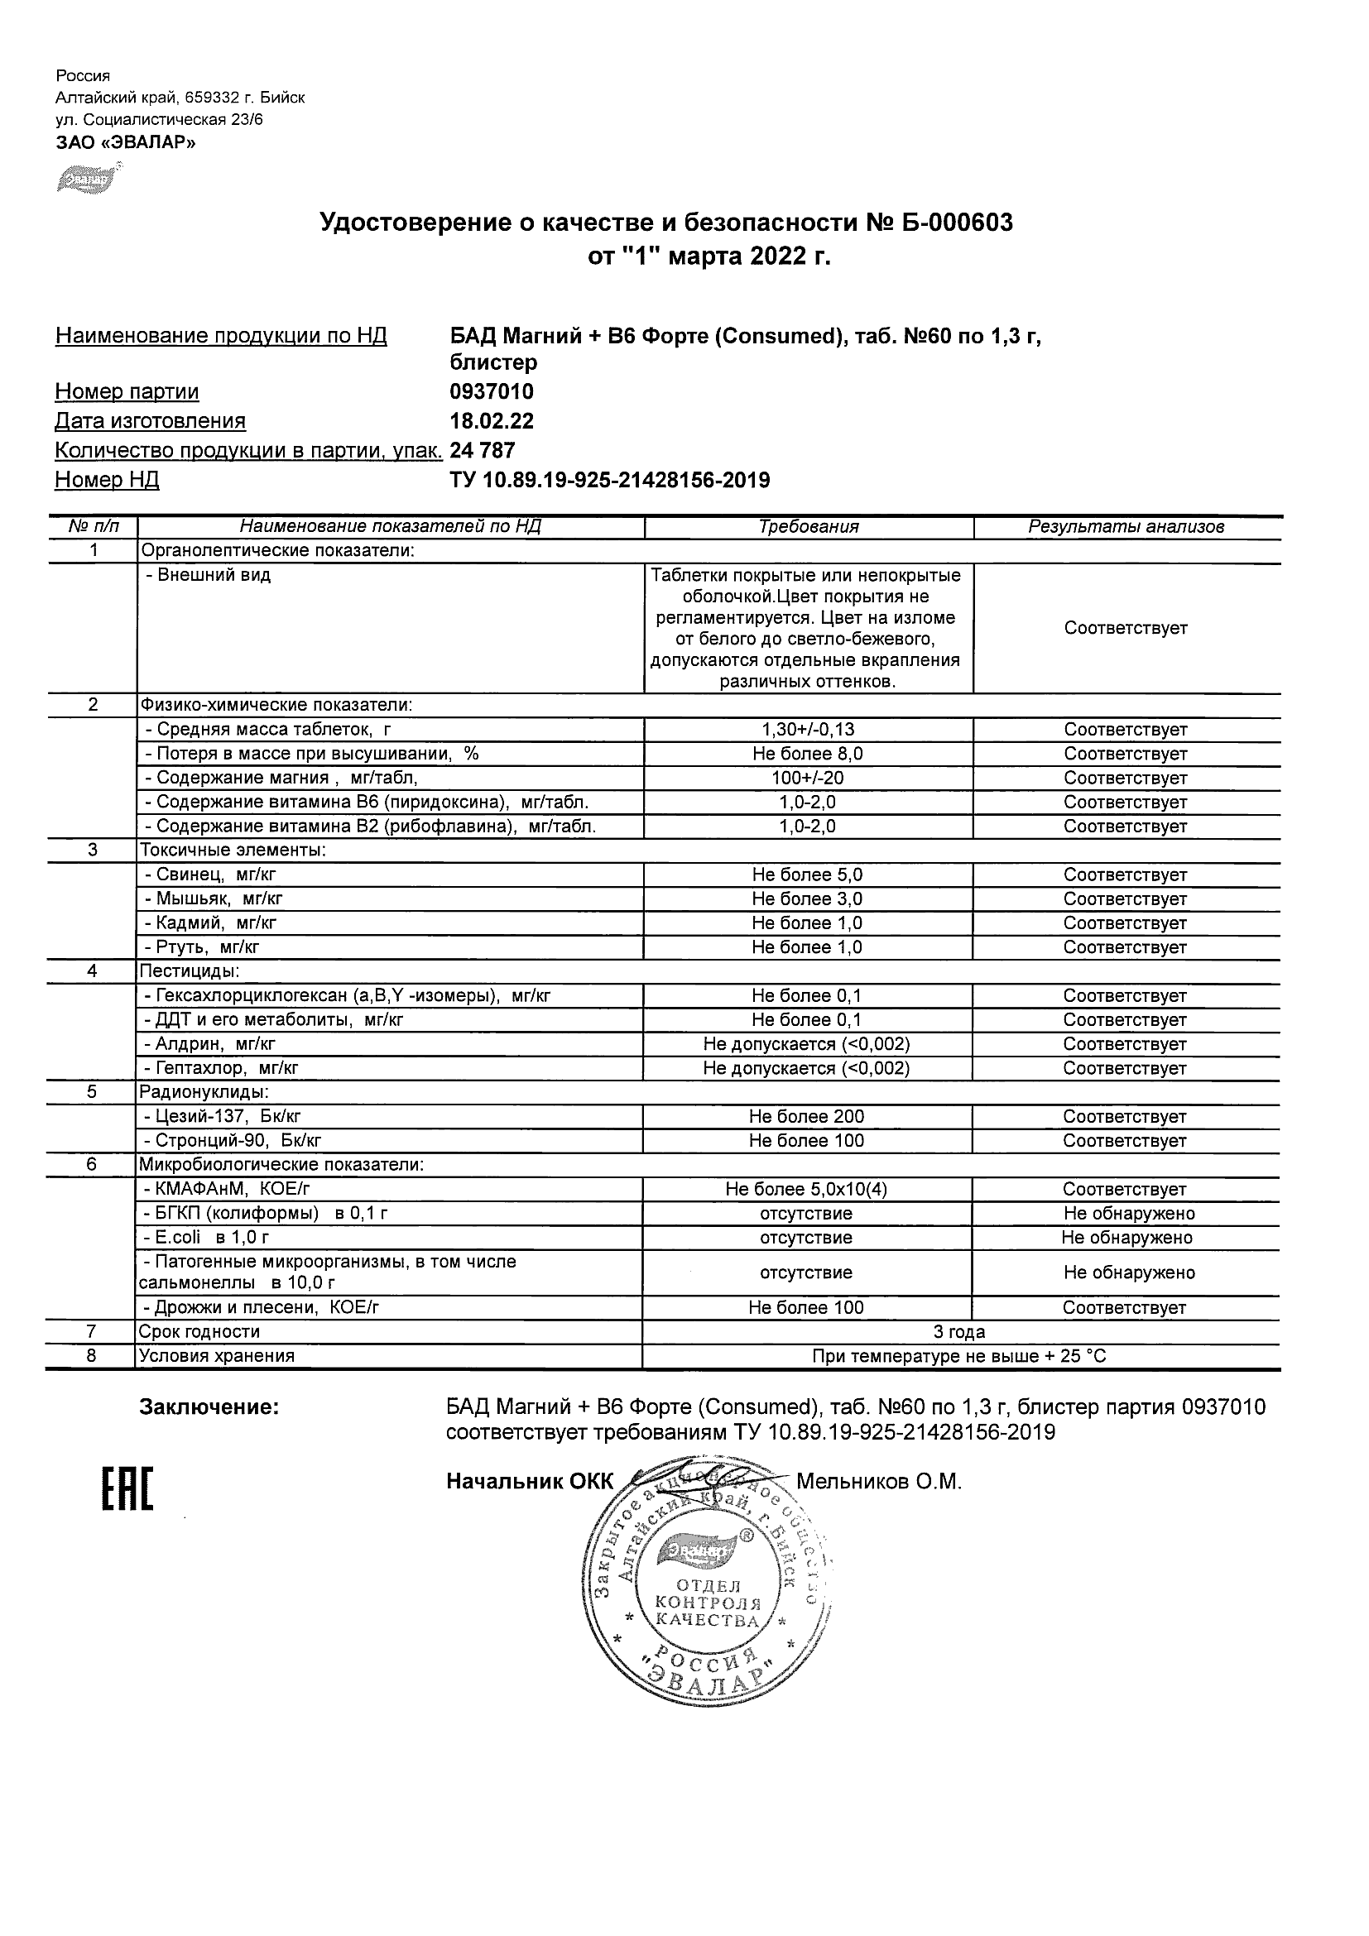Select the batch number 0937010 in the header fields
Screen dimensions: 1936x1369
[492, 391]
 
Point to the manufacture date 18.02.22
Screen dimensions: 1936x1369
[492, 421]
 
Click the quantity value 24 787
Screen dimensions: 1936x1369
[483, 450]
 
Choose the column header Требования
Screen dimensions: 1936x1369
[808, 527]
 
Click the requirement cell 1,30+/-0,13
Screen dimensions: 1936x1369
[807, 730]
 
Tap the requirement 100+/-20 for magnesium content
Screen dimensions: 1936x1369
[807, 778]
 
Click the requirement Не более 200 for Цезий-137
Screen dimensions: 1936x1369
[806, 1116]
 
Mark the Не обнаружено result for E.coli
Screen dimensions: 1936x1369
[1127, 1238]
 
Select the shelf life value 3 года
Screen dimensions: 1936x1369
[959, 1332]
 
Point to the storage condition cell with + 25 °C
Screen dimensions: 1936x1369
[959, 1357]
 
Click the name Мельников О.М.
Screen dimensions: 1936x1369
[879, 1482]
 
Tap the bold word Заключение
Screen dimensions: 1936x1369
[209, 1407]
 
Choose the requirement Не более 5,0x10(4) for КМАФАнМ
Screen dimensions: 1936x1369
[806, 1190]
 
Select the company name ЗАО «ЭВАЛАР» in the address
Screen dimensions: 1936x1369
[126, 142]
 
